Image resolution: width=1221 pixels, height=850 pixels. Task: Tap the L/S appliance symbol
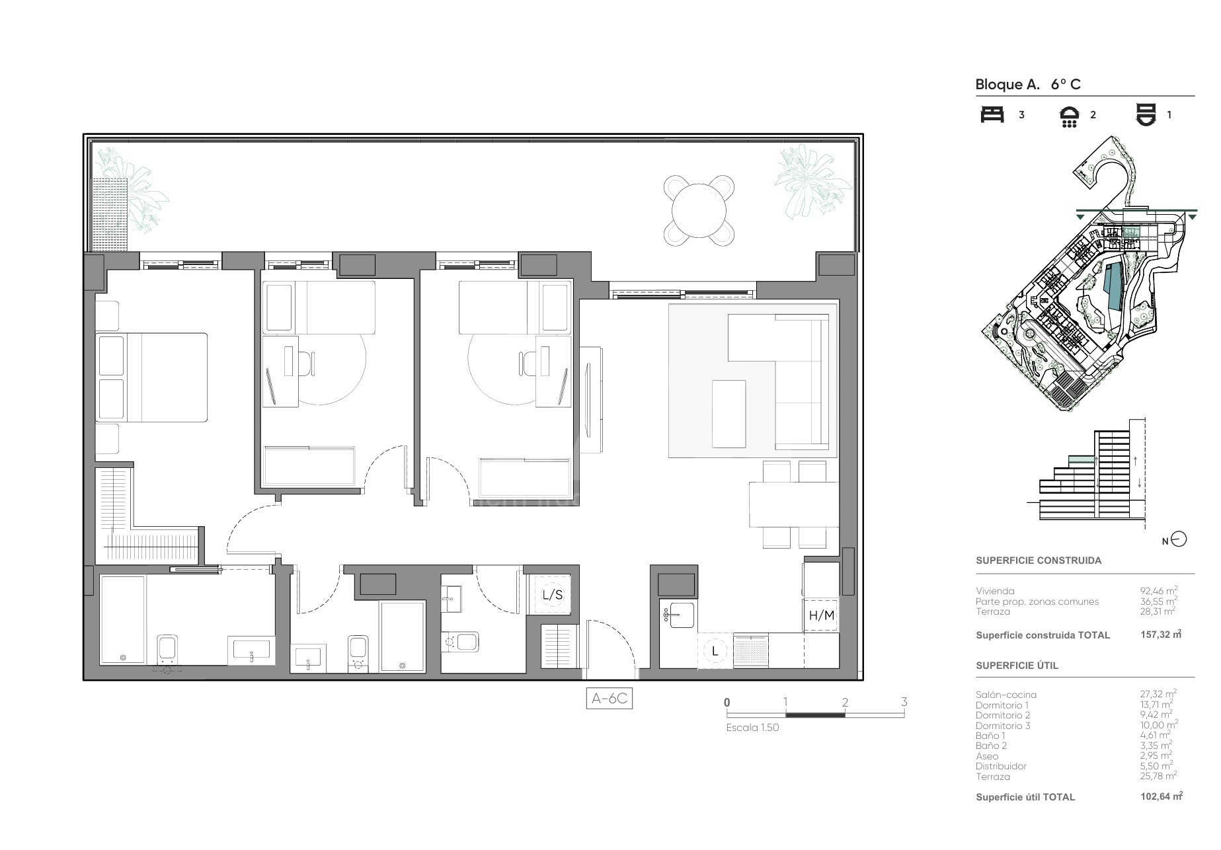pos(552,595)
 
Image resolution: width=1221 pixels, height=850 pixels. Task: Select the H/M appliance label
pos(822,615)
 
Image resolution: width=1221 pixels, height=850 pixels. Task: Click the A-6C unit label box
pos(609,699)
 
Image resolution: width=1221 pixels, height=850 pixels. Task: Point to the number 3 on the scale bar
pos(904,702)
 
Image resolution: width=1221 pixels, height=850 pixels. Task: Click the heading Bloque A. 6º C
pos(1028,84)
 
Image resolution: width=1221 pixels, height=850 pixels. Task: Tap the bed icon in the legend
pos(992,114)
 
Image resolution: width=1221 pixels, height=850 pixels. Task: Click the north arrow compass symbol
pos(1179,539)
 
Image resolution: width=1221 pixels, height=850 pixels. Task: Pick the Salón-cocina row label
pos(1006,695)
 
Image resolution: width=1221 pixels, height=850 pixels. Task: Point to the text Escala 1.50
pos(752,728)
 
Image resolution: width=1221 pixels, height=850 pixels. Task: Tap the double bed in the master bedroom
pos(151,377)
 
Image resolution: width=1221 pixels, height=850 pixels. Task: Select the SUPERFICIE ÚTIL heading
pos(1017,666)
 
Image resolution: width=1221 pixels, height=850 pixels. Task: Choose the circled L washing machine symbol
pos(715,651)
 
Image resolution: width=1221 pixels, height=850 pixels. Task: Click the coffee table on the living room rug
pos(729,414)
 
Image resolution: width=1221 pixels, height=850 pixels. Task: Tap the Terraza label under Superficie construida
pos(993,611)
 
